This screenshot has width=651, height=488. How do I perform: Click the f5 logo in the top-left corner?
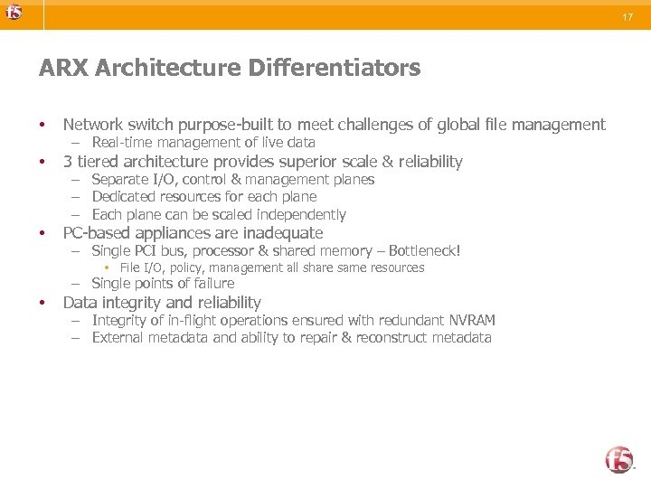[x=12, y=13]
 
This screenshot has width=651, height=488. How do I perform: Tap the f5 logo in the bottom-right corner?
[x=620, y=459]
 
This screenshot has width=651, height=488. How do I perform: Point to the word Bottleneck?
[x=424, y=249]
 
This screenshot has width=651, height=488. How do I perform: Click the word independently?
[x=304, y=214]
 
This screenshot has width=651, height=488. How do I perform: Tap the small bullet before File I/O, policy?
[x=106, y=267]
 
